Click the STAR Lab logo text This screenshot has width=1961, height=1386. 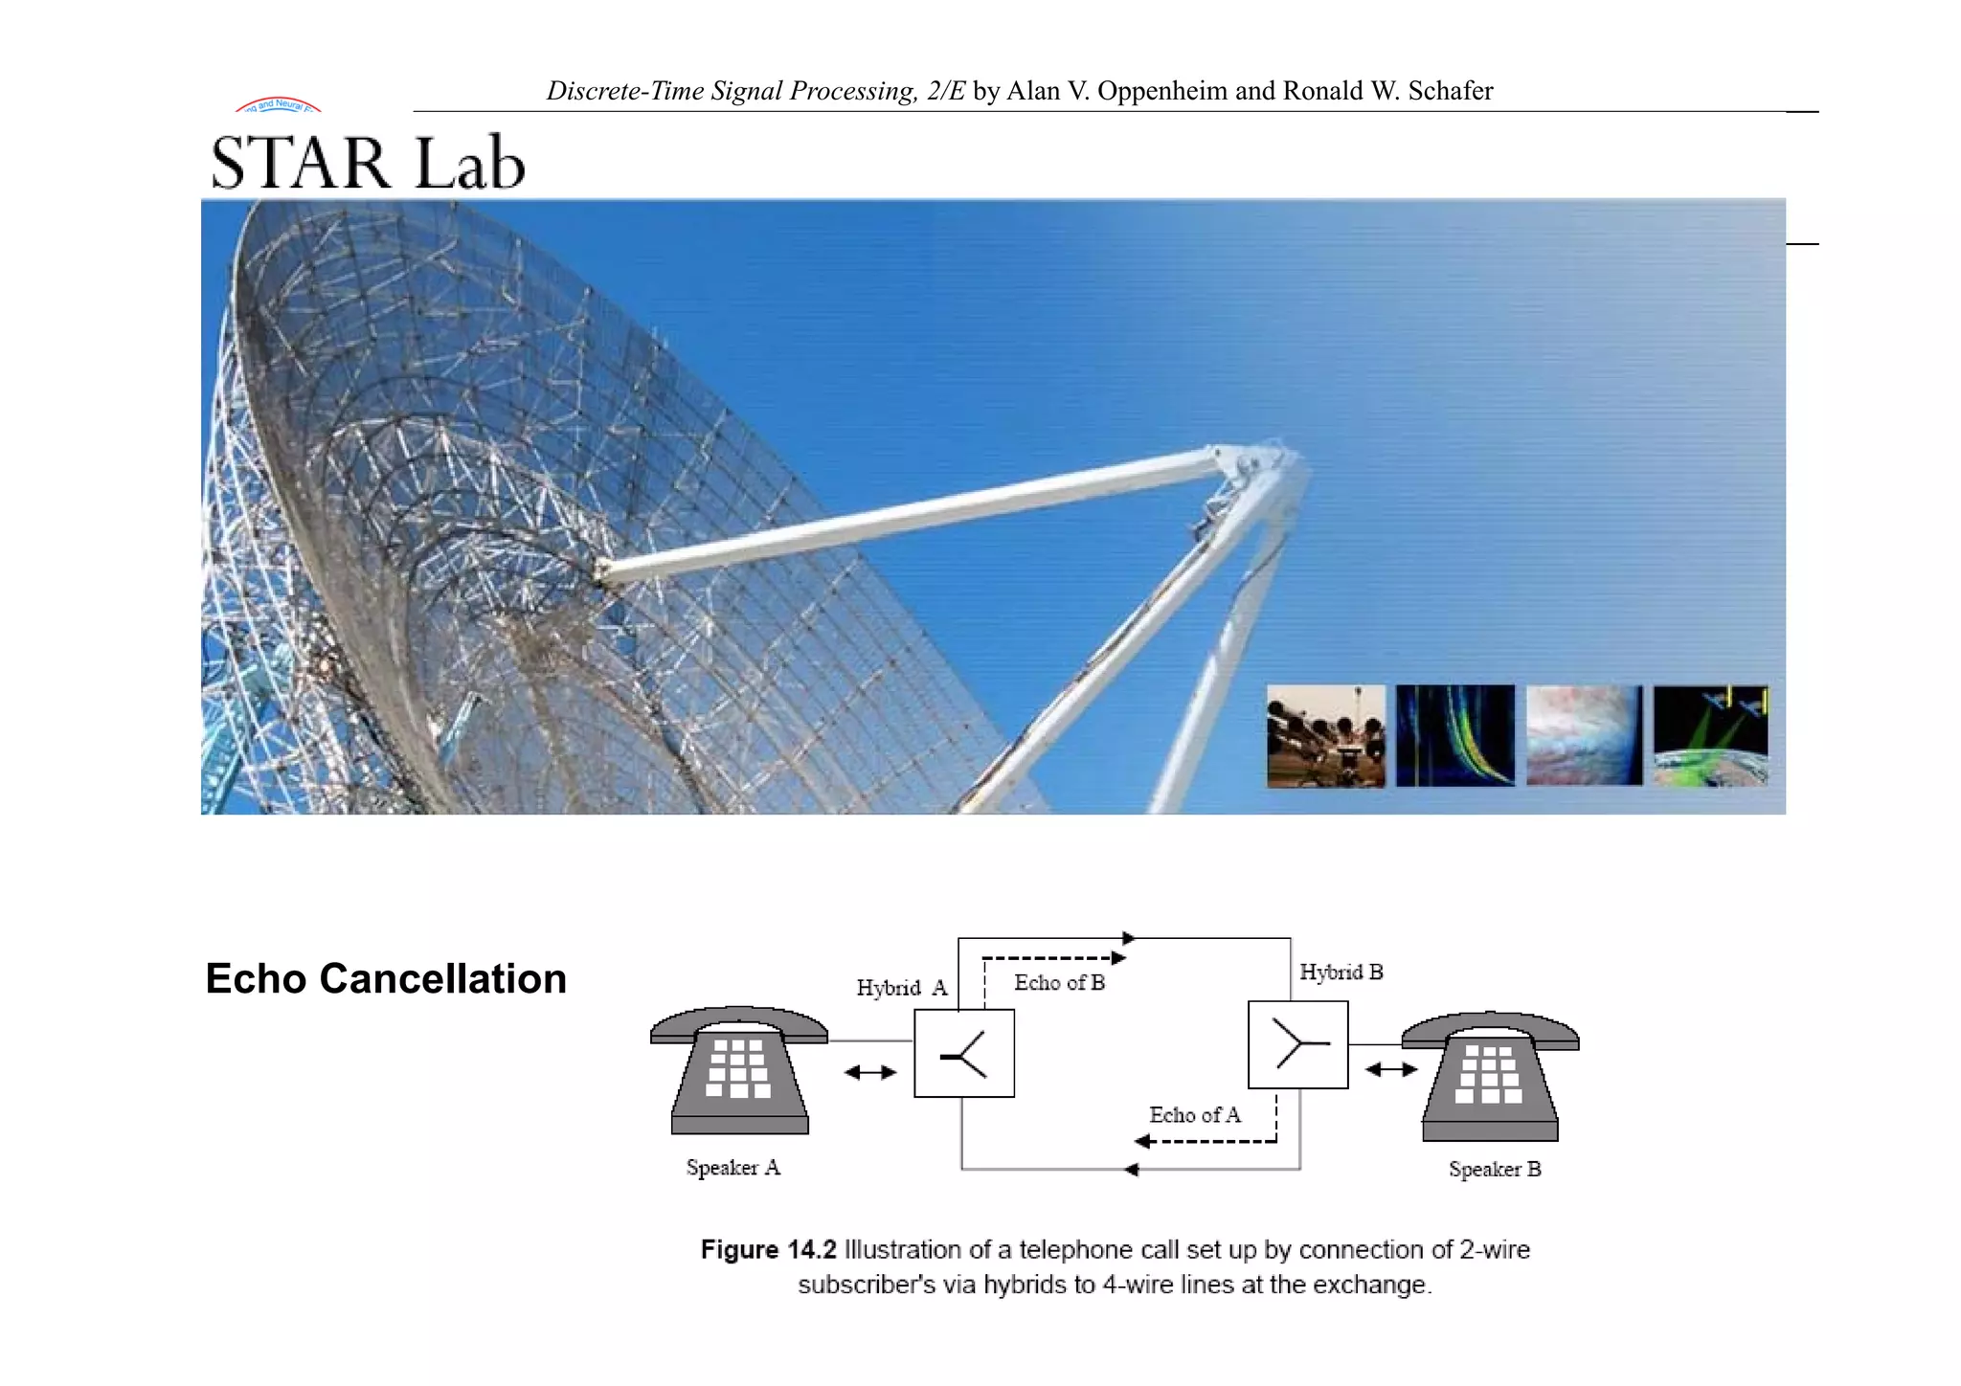(368, 163)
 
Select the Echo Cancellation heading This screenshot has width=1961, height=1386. (386, 978)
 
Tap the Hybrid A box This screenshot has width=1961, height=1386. (964, 1053)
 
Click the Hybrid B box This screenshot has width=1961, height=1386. (1297, 1044)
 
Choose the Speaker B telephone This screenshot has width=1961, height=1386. (1490, 1077)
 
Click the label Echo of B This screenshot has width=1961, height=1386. (1059, 983)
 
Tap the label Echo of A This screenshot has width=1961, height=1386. (1194, 1115)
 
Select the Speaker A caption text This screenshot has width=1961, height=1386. (733, 1168)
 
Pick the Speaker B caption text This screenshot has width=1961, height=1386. (1495, 1170)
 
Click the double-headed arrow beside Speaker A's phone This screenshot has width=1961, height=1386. (870, 1072)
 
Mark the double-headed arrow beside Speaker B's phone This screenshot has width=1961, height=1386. (1390, 1069)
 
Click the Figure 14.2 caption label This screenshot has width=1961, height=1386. (768, 1250)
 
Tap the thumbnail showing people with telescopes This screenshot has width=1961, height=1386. (1325, 736)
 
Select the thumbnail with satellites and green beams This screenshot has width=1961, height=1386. (1711, 736)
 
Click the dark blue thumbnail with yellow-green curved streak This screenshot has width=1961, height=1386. (1455, 736)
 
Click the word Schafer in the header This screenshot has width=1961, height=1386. (1450, 91)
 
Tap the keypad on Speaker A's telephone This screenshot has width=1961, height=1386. (737, 1068)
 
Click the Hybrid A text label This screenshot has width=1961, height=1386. (901, 988)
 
